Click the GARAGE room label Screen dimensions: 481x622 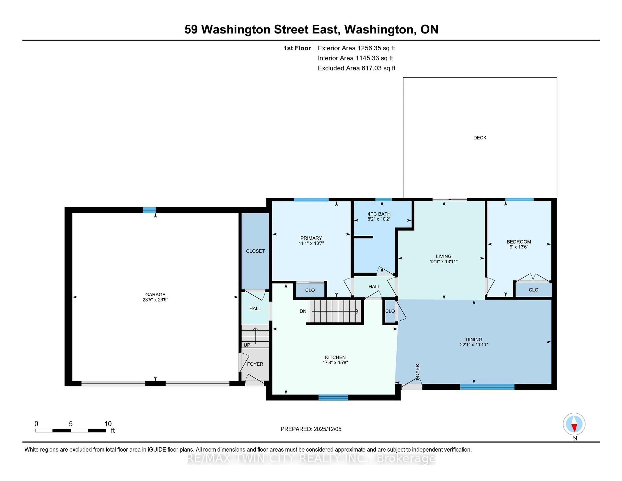point(155,294)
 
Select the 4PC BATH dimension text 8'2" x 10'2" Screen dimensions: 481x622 point(379,219)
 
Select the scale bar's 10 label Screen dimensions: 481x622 point(108,424)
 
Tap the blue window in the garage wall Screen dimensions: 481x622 point(149,210)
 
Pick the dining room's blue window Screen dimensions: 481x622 point(487,387)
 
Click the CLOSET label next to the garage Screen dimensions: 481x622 point(255,251)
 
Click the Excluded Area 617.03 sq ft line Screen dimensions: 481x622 point(356,68)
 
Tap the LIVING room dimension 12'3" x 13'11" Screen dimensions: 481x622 point(443,261)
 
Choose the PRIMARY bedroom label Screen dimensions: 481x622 point(311,238)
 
